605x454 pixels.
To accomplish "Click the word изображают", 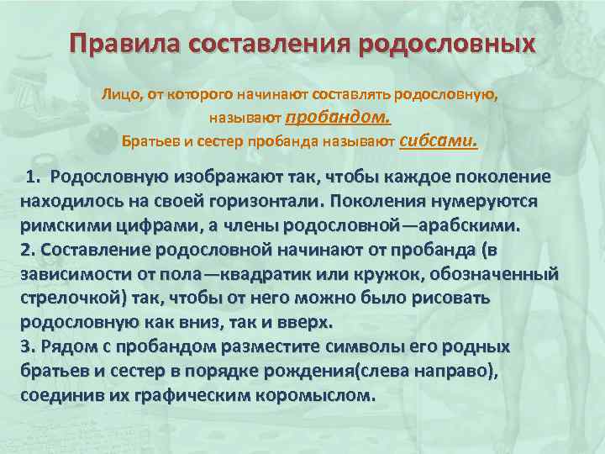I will click(220, 177).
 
